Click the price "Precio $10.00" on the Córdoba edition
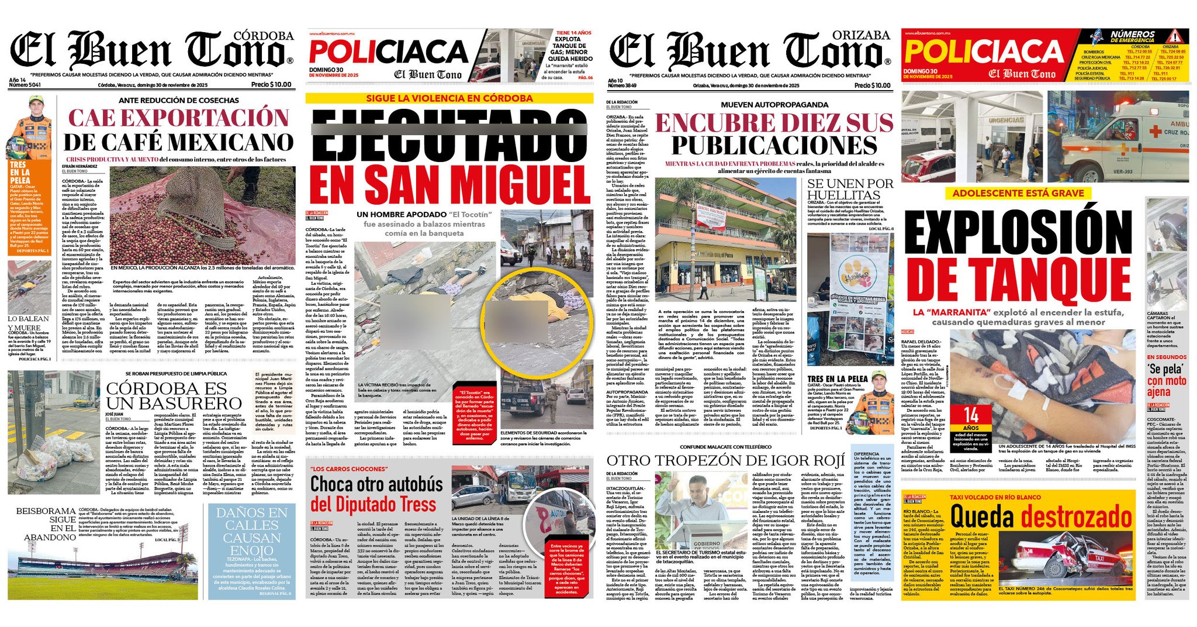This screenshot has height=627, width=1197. tap(271, 84)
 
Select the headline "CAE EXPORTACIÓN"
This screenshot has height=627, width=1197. tap(179, 117)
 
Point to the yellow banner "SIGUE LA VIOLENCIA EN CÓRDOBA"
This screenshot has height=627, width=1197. tap(449, 98)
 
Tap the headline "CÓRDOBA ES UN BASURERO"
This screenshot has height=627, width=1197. tap(174, 396)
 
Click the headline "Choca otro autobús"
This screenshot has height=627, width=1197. tap(376, 484)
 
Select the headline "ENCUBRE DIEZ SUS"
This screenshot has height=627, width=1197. tap(774, 123)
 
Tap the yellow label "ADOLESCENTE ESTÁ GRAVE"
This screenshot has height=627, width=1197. tap(1018, 193)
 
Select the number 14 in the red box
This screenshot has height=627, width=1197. tap(971, 416)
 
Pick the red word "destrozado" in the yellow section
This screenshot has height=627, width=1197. tap(1076, 517)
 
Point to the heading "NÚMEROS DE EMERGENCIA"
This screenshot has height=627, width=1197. tap(1132, 37)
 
